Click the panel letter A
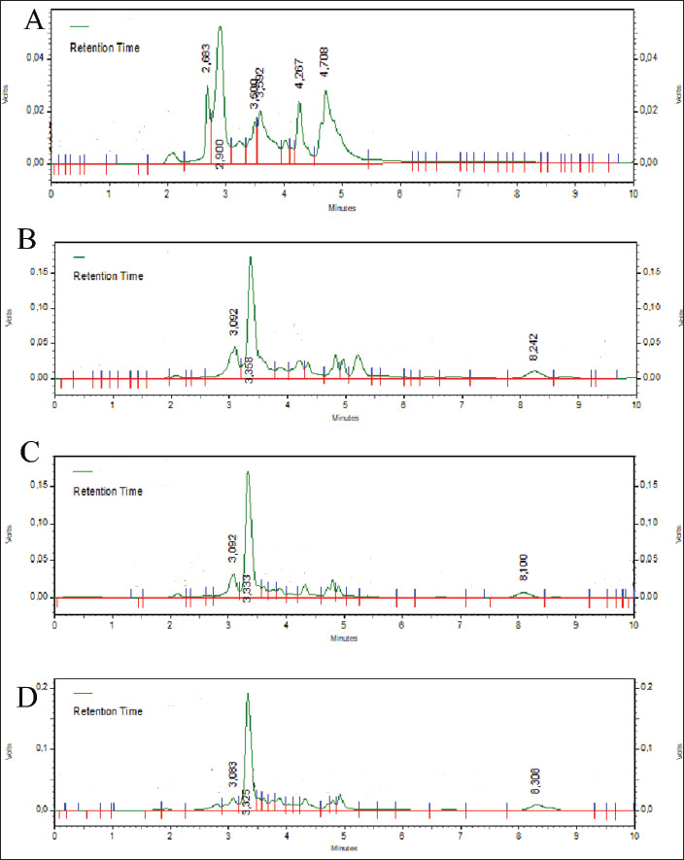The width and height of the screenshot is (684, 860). coord(33,21)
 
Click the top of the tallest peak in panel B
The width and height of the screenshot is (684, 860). coord(251,258)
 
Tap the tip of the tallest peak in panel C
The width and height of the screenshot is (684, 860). coord(248,473)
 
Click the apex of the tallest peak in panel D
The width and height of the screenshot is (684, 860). coord(248,694)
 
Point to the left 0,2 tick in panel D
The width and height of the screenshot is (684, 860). coord(40,686)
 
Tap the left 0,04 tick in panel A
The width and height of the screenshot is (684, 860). coord(36,57)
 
